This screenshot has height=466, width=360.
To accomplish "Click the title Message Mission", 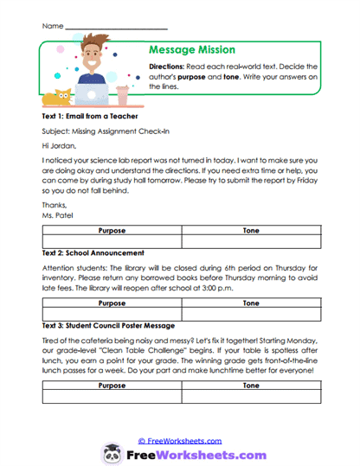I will (192, 50).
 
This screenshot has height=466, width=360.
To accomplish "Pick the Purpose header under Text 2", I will (112, 303).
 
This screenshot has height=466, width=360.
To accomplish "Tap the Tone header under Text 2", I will (251, 303).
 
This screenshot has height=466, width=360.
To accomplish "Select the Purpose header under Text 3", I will (112, 386).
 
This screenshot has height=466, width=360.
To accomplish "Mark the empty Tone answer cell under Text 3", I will (251, 398).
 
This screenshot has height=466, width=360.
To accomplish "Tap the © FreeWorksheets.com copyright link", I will (180, 439).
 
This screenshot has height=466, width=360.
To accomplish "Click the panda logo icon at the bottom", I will (112, 453).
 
